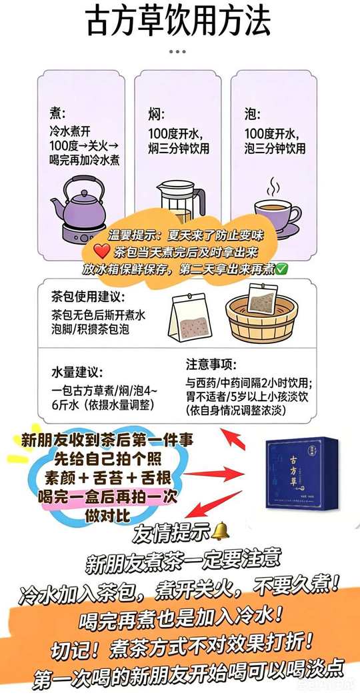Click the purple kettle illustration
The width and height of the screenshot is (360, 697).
(x=79, y=209)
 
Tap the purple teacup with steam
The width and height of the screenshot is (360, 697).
(x=276, y=209)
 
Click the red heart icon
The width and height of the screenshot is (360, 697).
(x=103, y=253)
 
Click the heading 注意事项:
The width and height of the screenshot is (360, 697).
(x=211, y=364)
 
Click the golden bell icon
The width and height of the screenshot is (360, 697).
(x=220, y=531)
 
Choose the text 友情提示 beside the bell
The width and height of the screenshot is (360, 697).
(x=171, y=532)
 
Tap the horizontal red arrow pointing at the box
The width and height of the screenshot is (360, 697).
(x=213, y=474)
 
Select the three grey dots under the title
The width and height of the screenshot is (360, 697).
(x=177, y=51)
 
